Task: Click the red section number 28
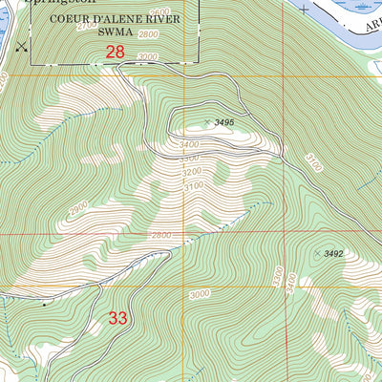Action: pos(115,53)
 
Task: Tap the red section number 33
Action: pos(117,319)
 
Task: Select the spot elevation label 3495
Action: pos(223,123)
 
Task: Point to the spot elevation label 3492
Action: pos(332,253)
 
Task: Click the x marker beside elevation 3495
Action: pos(208,121)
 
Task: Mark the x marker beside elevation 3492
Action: pos(317,253)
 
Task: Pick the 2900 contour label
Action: pos(78,207)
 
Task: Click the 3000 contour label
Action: pos(199,296)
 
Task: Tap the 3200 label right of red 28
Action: pos(146,56)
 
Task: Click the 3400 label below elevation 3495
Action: pos(189,144)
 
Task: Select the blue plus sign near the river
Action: pos(304,10)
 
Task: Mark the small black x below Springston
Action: pos(22,45)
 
